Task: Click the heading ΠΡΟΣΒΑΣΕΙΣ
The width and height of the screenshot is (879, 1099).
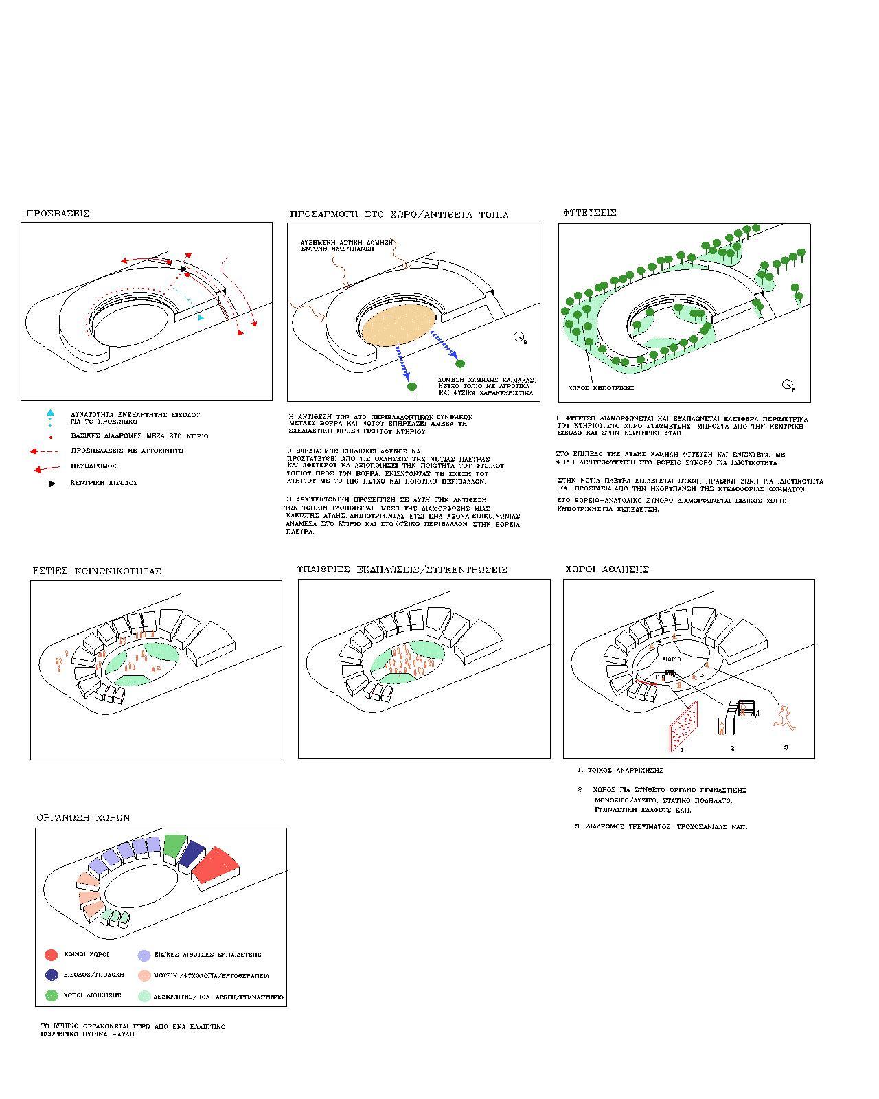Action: click(x=58, y=214)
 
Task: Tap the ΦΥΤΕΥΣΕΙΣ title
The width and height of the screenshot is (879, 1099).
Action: click(x=590, y=213)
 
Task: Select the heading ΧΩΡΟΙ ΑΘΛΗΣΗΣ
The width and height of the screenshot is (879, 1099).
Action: click(x=607, y=569)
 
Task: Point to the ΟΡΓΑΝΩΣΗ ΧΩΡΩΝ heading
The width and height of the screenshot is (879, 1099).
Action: click(x=83, y=817)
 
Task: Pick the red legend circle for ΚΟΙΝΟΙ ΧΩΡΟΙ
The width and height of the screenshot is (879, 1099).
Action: click(x=51, y=955)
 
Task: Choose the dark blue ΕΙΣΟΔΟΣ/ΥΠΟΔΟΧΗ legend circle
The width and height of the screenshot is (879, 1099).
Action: click(x=51, y=975)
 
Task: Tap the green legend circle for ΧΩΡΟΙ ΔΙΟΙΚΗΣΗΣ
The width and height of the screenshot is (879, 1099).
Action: click(x=51, y=995)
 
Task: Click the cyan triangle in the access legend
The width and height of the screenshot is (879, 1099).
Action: click(x=50, y=413)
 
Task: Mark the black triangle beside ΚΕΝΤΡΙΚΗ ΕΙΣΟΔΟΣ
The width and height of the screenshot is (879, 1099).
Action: click(x=52, y=484)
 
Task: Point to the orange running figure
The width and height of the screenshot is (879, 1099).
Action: click(x=784, y=717)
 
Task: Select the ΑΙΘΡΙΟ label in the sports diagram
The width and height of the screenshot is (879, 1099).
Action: click(x=671, y=659)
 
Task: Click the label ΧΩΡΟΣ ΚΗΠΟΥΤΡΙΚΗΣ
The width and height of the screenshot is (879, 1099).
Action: click(x=601, y=388)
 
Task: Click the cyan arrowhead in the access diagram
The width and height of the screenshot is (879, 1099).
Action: click(x=200, y=317)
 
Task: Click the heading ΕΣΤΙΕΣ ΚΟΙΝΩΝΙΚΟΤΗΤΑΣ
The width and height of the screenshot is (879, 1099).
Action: click(x=97, y=571)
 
